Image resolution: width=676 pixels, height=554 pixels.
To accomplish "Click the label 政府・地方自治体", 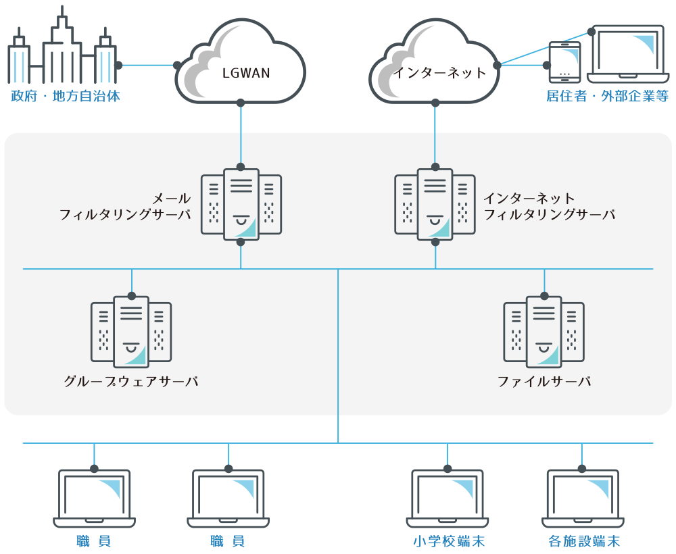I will pyautogui.click(x=66, y=97).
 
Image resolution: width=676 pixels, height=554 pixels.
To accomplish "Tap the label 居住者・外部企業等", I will pyautogui.click(x=607, y=97).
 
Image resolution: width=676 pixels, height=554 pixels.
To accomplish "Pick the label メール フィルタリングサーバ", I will pyautogui.click(x=125, y=207).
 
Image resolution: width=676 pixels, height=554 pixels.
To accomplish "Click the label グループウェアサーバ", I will pyautogui.click(x=131, y=382).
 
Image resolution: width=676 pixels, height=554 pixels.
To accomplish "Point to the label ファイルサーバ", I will pyautogui.click(x=544, y=382).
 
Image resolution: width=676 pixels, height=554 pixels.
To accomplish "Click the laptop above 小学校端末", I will pyautogui.click(x=448, y=497).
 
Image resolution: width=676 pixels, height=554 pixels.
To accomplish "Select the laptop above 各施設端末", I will pyautogui.click(x=582, y=497).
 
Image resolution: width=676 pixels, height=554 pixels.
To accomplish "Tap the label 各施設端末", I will pyautogui.click(x=584, y=541).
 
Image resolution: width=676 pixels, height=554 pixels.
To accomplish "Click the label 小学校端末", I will pyautogui.click(x=449, y=541).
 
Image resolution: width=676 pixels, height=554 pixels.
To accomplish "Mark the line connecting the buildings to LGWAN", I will pyautogui.click(x=147, y=66).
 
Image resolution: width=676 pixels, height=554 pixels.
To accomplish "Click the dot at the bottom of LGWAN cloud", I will pyautogui.click(x=241, y=103).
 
